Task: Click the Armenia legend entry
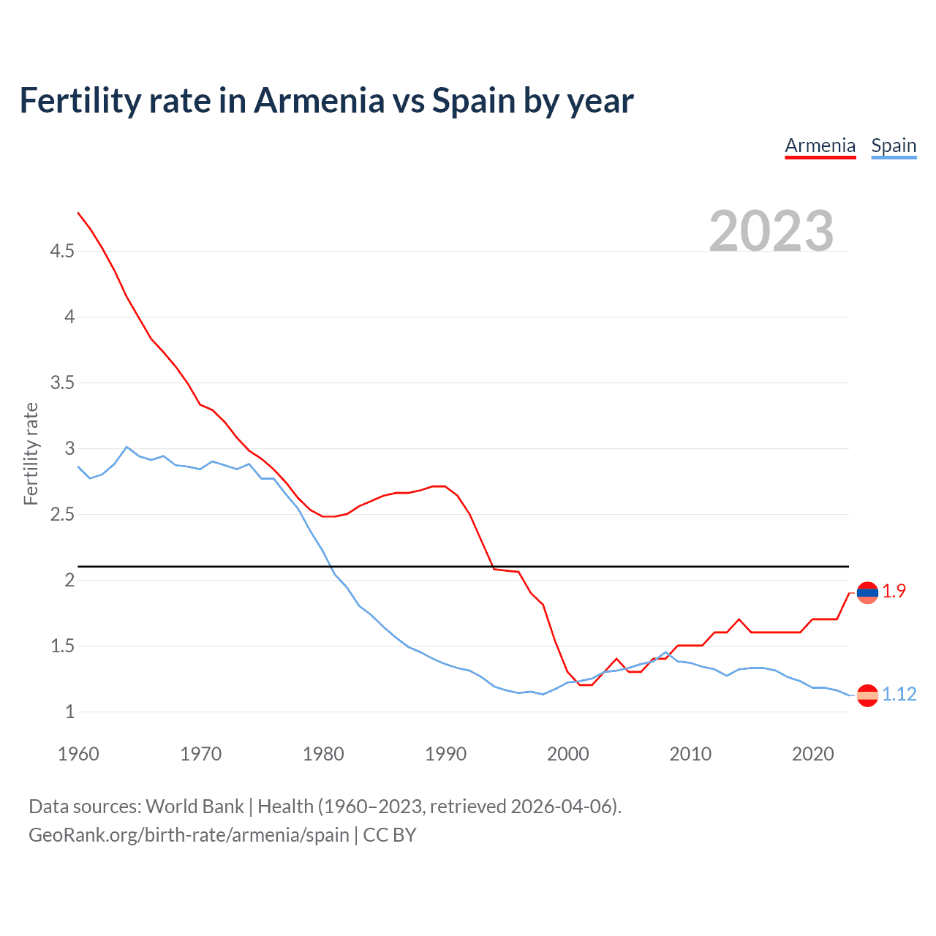[x=820, y=146]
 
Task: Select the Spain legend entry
[x=894, y=146]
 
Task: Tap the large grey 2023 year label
[x=771, y=231]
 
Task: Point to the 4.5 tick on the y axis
[x=62, y=252]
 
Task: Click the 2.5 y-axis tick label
[x=62, y=515]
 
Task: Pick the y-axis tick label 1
[x=70, y=712]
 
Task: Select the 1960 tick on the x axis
[x=78, y=754]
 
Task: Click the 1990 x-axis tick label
[x=445, y=754]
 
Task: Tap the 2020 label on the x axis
[x=812, y=754]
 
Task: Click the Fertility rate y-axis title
[x=31, y=453]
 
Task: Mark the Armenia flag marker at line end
[x=867, y=592]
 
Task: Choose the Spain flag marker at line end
[x=867, y=695]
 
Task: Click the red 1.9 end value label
[x=894, y=592]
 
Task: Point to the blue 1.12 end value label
[x=899, y=695]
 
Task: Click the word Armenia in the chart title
[x=319, y=100]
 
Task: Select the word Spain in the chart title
[x=474, y=100]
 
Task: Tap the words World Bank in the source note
[x=195, y=807]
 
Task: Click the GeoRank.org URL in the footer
[x=189, y=835]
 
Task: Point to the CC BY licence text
[x=390, y=835]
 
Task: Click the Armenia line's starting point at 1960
[x=78, y=213]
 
